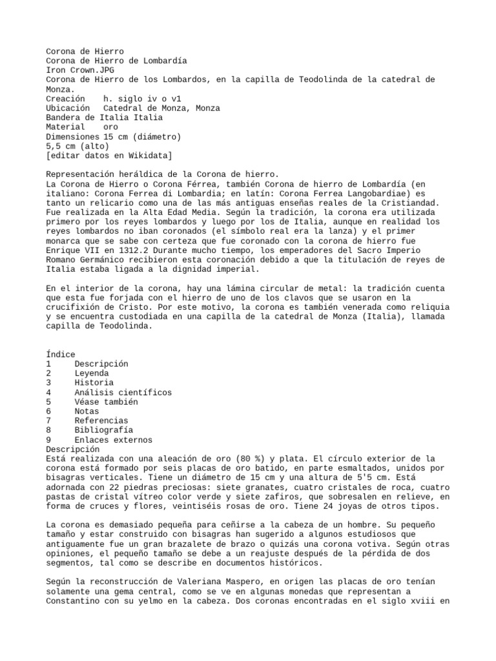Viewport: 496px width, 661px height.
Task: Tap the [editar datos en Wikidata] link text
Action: pyautogui.click(x=109, y=156)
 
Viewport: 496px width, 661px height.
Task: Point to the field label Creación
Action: pyautogui.click(x=65, y=98)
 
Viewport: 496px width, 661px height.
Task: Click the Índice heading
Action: pyautogui.click(x=61, y=354)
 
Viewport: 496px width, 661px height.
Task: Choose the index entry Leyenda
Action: pyautogui.click(x=92, y=373)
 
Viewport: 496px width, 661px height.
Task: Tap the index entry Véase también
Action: pyautogui.click(x=106, y=402)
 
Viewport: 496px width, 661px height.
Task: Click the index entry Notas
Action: pyautogui.click(x=87, y=411)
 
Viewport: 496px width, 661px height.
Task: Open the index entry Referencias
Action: pyautogui.click(x=101, y=421)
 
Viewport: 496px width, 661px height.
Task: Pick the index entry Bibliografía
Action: pyautogui.click(x=104, y=431)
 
